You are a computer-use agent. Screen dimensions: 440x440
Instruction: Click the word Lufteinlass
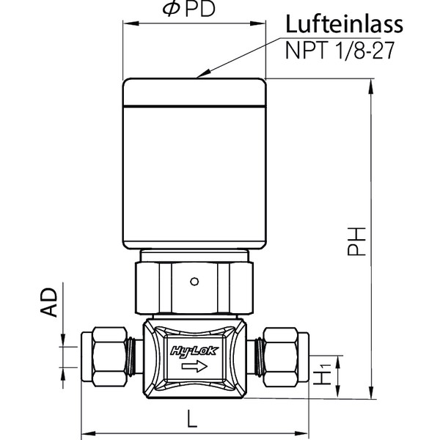pos(344,23)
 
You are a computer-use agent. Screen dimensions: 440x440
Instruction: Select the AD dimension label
pos(49,301)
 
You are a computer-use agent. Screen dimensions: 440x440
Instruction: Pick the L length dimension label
pos(192,419)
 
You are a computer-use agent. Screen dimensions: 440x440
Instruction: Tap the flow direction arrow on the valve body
pos(193,366)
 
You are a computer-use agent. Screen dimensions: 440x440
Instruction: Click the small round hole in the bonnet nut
pos(194,279)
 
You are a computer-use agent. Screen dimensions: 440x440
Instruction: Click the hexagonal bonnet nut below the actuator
pos(194,282)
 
